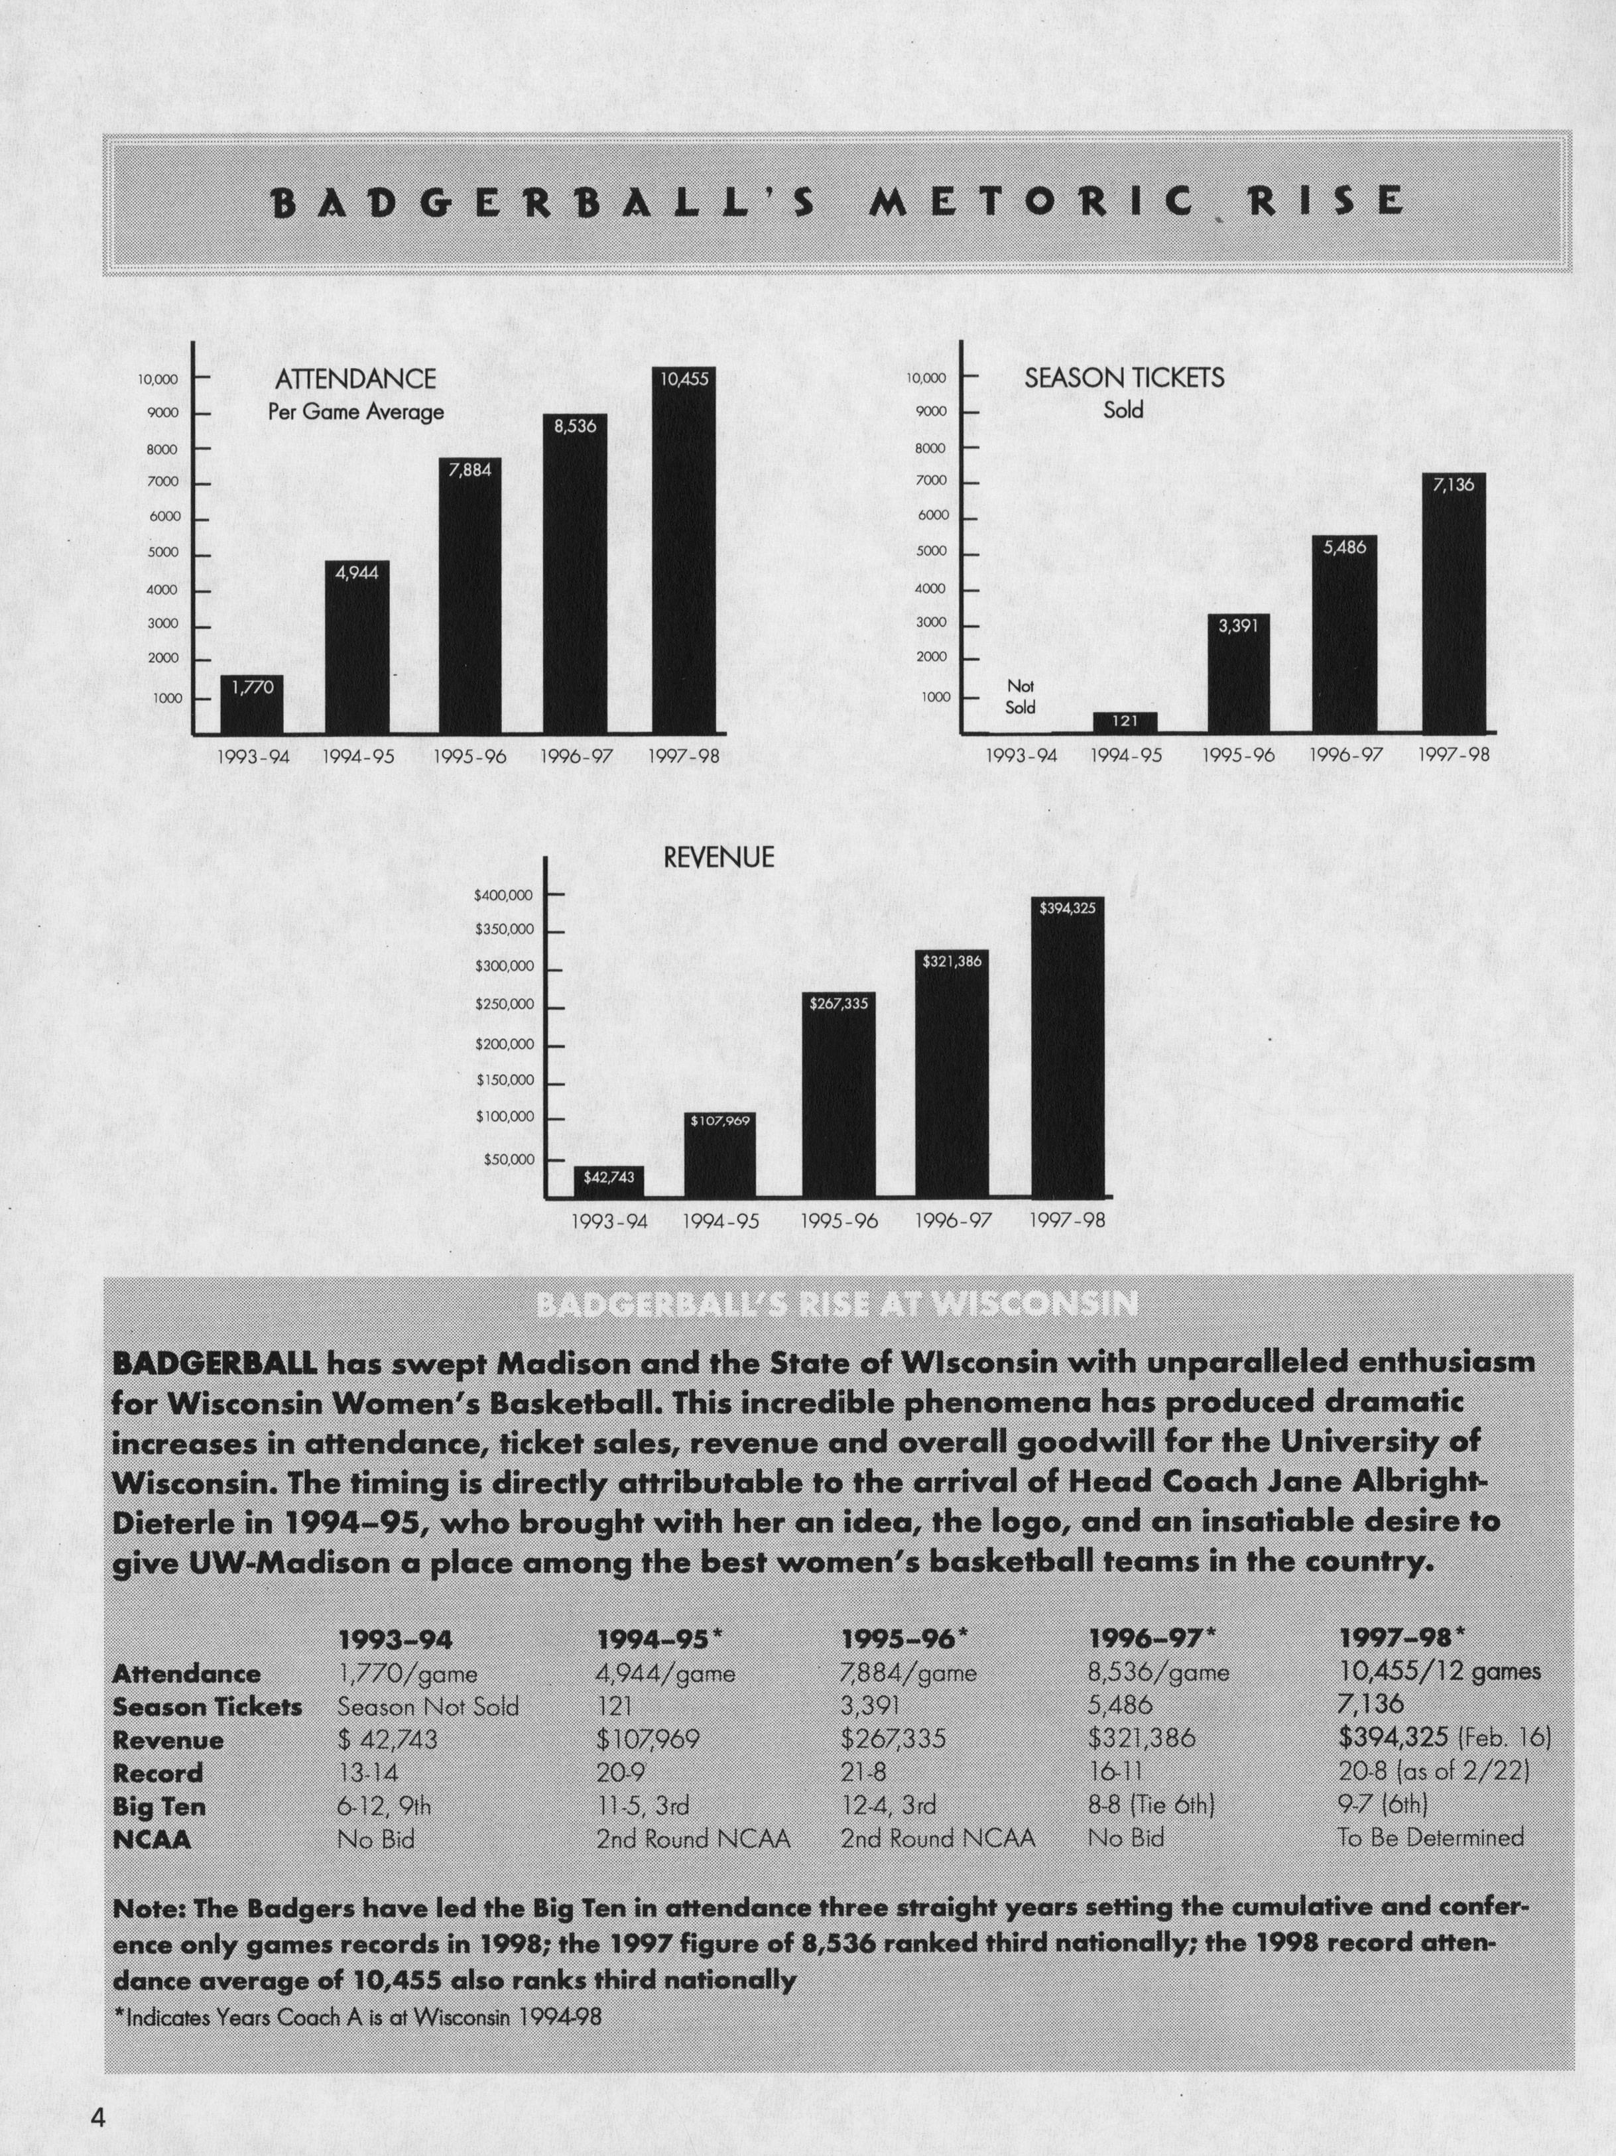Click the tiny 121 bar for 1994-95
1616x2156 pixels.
1125,721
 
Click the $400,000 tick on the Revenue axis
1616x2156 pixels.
504,895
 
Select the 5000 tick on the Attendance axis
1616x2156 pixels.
164,553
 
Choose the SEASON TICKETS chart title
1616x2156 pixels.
1124,378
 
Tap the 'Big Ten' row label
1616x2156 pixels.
159,1806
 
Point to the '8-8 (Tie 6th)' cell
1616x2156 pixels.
1150,1805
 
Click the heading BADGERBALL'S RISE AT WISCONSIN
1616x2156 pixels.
836,1304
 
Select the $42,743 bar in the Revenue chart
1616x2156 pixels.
608,1180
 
